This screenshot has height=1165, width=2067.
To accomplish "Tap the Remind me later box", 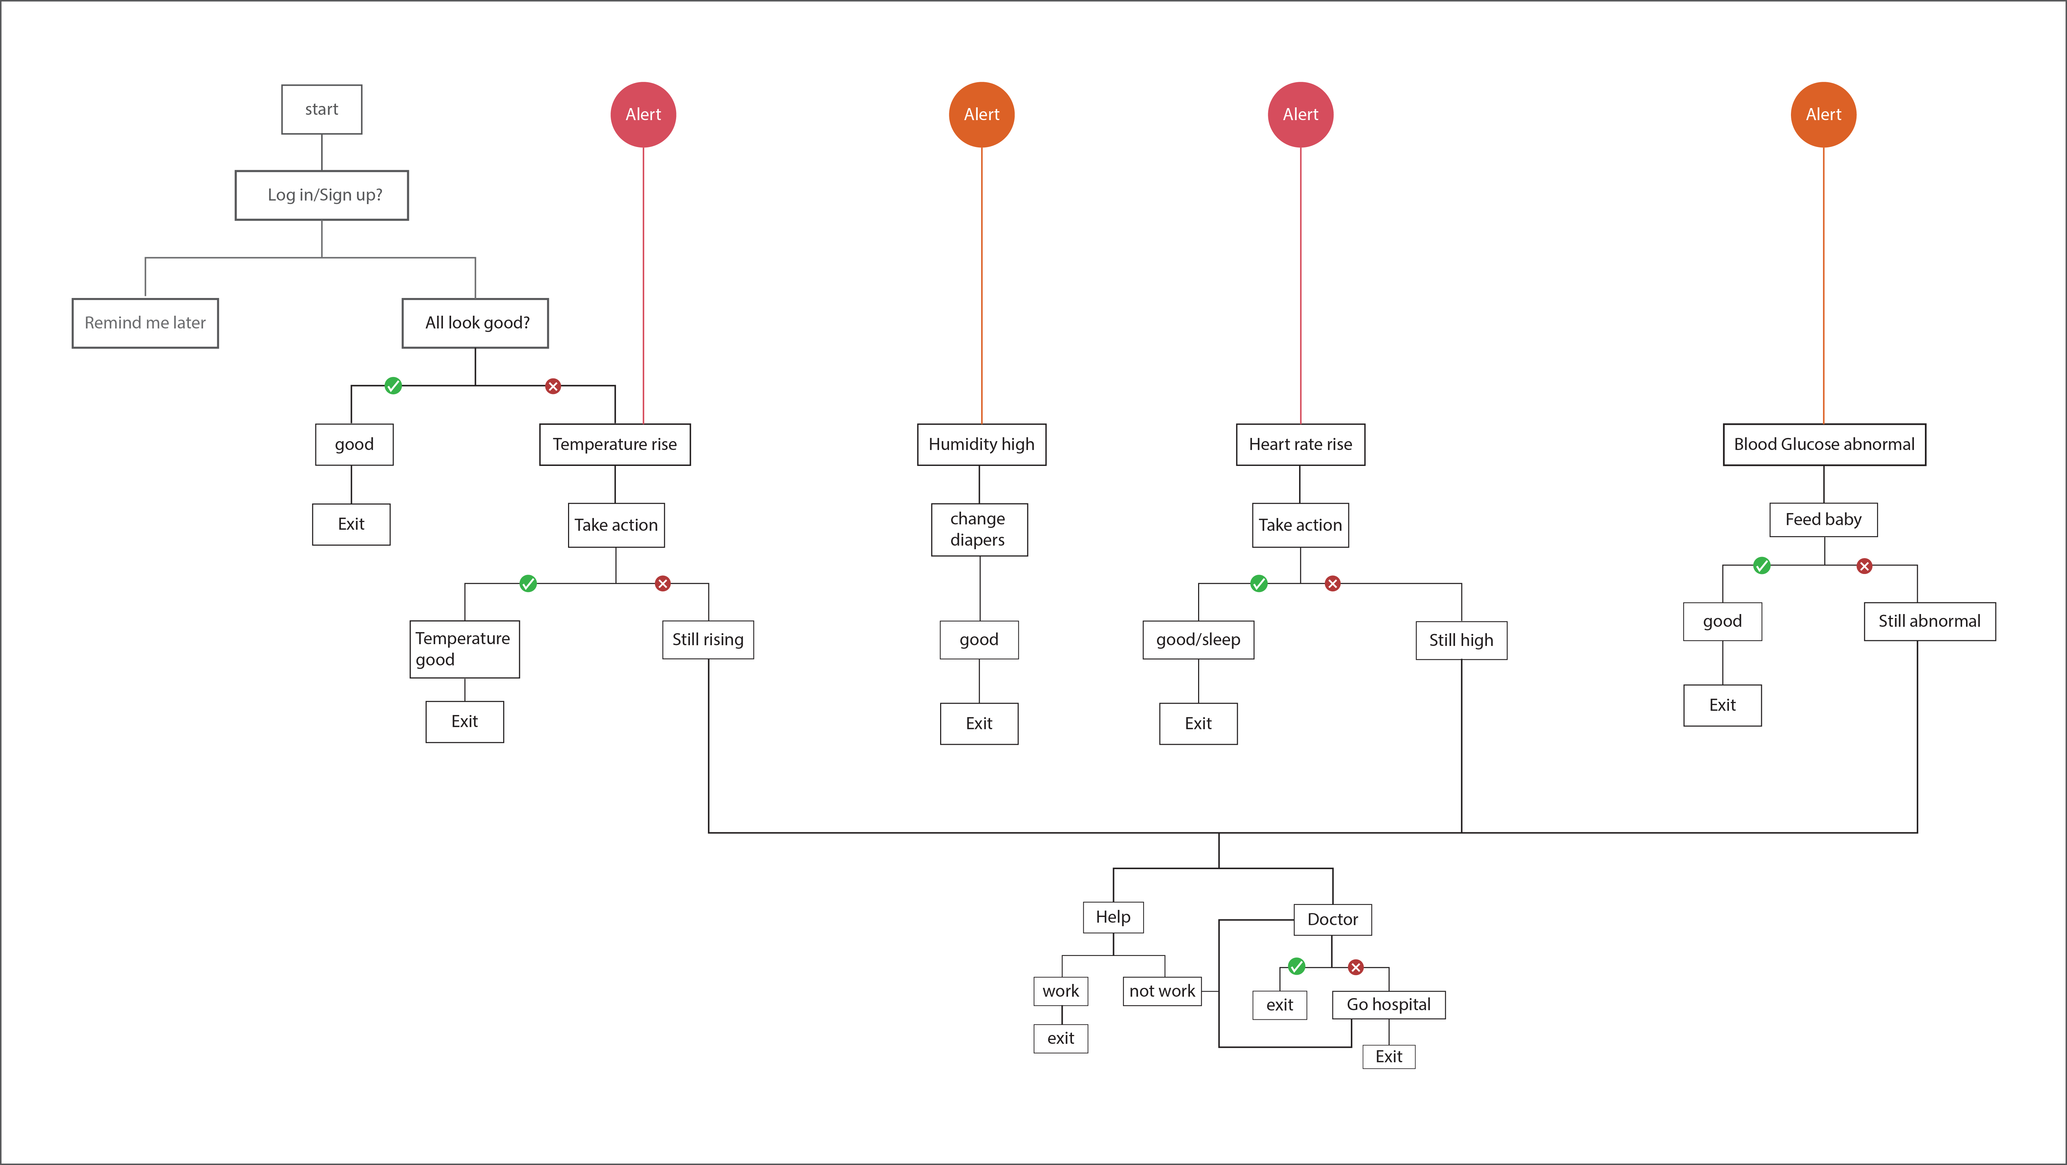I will (145, 322).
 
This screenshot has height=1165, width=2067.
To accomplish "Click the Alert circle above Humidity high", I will (981, 115).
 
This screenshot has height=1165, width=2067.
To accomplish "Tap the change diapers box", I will (979, 530).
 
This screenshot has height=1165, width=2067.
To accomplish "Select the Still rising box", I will (708, 640).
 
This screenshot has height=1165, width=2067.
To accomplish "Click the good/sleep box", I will (1198, 640).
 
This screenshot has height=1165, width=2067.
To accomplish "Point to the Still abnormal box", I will (1929, 621).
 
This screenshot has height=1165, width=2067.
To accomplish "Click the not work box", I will (1162, 991).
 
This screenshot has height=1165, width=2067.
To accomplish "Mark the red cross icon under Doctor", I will (1355, 967).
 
